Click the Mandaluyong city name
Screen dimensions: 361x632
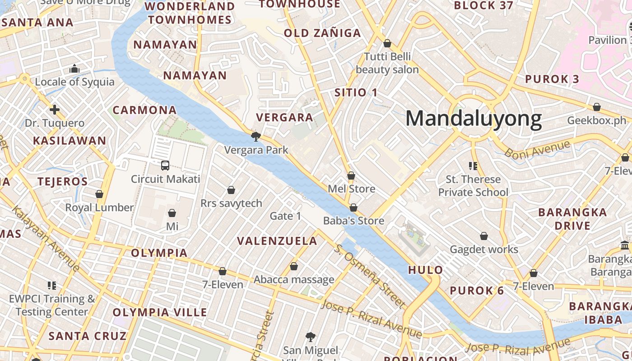pos(474,119)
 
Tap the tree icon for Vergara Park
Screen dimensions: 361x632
pos(256,136)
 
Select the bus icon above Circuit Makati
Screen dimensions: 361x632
pos(165,166)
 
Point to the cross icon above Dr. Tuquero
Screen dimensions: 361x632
pos(55,110)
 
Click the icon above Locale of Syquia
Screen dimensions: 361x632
pos(74,69)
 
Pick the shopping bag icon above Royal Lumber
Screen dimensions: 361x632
pos(99,194)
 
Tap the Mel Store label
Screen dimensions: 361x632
pos(351,189)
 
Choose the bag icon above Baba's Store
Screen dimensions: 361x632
pos(353,208)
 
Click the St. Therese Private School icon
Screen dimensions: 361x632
pos(473,166)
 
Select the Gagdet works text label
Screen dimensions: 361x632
pos(484,249)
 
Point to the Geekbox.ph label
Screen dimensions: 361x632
pos(597,120)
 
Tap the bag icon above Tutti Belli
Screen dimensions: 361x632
pos(387,43)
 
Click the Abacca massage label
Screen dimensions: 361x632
pos(294,280)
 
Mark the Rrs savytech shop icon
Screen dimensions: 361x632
pos(231,190)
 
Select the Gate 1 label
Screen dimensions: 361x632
pos(285,216)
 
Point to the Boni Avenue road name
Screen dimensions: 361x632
pos(537,149)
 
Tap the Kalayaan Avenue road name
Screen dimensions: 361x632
pos(46,239)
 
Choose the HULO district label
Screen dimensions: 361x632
pos(426,270)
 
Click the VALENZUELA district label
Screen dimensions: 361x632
pos(277,241)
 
